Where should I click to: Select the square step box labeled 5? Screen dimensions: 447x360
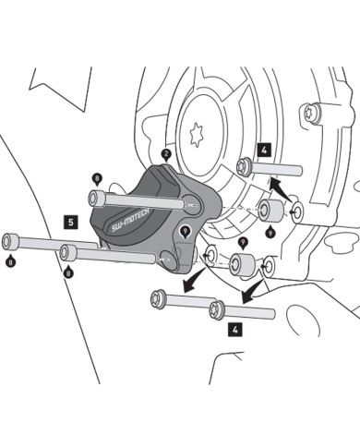pyautogui.click(x=69, y=222)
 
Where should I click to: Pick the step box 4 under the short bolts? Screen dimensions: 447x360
pyautogui.click(x=236, y=328)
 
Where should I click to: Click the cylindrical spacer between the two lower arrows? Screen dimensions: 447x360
pyautogui.click(x=244, y=263)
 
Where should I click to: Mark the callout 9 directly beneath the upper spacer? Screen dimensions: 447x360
pyautogui.click(x=269, y=234)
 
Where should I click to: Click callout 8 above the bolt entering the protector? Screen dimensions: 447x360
pyautogui.click(x=96, y=177)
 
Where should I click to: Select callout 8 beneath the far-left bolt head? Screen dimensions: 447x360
pyautogui.click(x=10, y=263)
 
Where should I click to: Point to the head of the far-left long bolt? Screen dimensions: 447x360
pyautogui.click(x=10, y=241)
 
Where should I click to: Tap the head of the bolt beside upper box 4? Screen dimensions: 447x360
pyautogui.click(x=245, y=167)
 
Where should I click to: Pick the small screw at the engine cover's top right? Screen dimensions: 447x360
pyautogui.click(x=310, y=114)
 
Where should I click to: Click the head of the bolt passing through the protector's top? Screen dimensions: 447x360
pyautogui.click(x=96, y=198)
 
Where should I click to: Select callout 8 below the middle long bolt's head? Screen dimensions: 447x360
pyautogui.click(x=68, y=273)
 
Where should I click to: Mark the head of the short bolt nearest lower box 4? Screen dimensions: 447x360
pyautogui.click(x=217, y=308)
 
